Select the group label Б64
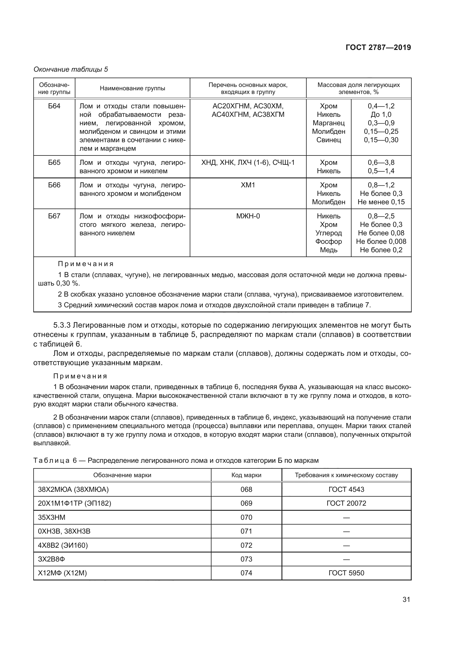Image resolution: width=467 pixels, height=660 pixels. pyautogui.click(x=54, y=106)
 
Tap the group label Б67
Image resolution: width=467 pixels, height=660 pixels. pyautogui.click(x=54, y=216)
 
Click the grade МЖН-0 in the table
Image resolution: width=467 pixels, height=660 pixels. pyautogui.click(x=248, y=216)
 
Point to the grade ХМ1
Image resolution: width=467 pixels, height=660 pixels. pyautogui.click(x=248, y=185)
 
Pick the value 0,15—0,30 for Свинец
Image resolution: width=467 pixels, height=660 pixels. pyautogui.click(x=381, y=140)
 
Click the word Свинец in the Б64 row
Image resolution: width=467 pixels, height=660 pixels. pyautogui.click(x=328, y=140)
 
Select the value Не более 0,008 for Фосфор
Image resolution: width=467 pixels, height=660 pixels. pyautogui.click(x=381, y=242)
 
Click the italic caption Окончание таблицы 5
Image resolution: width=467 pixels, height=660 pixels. pyautogui.click(x=71, y=69)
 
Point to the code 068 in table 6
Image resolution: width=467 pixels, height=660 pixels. pyautogui.click(x=246, y=489)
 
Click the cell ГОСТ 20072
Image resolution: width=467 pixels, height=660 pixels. pyautogui.click(x=346, y=503)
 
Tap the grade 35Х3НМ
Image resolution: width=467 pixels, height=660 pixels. pyautogui.click(x=52, y=518)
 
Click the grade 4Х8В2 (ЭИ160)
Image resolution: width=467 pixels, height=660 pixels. pyautogui.click(x=63, y=545)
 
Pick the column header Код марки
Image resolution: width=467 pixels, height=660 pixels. pyautogui.click(x=246, y=475)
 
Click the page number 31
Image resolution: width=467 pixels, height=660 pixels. pyautogui.click(x=406, y=599)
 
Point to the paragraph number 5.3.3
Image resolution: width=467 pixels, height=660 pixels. pyautogui.click(x=62, y=325)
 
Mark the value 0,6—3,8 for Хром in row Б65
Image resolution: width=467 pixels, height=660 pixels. pyautogui.click(x=381, y=163)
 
